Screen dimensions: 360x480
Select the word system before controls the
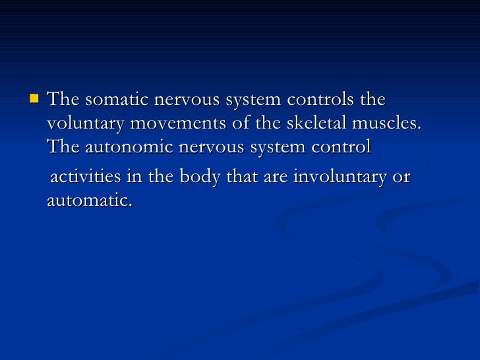(253, 100)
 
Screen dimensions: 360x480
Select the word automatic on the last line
(89, 200)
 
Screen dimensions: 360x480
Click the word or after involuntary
(401, 177)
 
